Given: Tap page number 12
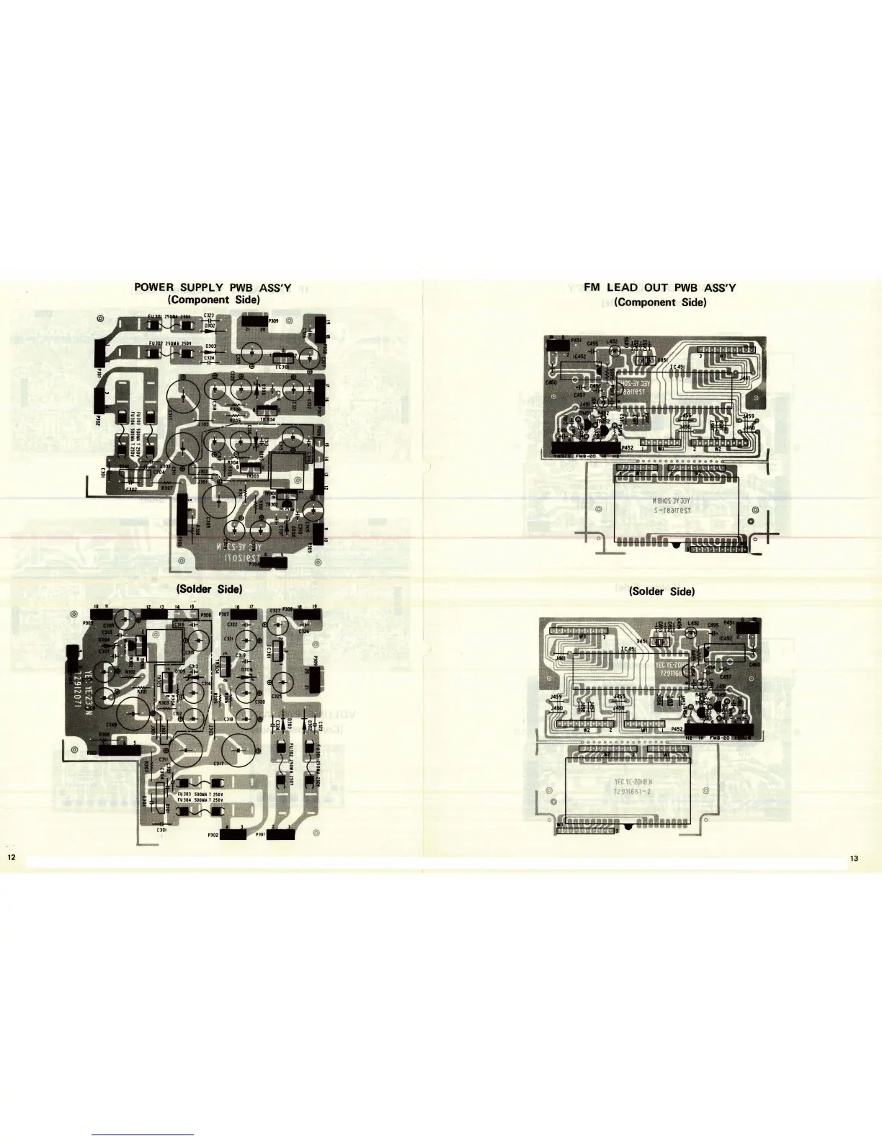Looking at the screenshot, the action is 11,857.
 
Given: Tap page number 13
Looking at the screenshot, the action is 854,858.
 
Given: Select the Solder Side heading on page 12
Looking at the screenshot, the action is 209,589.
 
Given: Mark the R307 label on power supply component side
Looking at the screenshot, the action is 166,488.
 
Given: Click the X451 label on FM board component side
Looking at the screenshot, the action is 661,359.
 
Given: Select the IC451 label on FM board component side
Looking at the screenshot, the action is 677,367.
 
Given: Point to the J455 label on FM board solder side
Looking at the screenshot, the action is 618,697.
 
